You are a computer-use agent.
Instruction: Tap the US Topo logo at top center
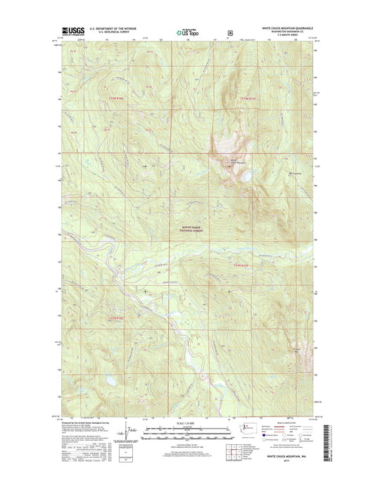[x=187, y=31]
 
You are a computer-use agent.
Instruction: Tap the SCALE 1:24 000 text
[x=187, y=423]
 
